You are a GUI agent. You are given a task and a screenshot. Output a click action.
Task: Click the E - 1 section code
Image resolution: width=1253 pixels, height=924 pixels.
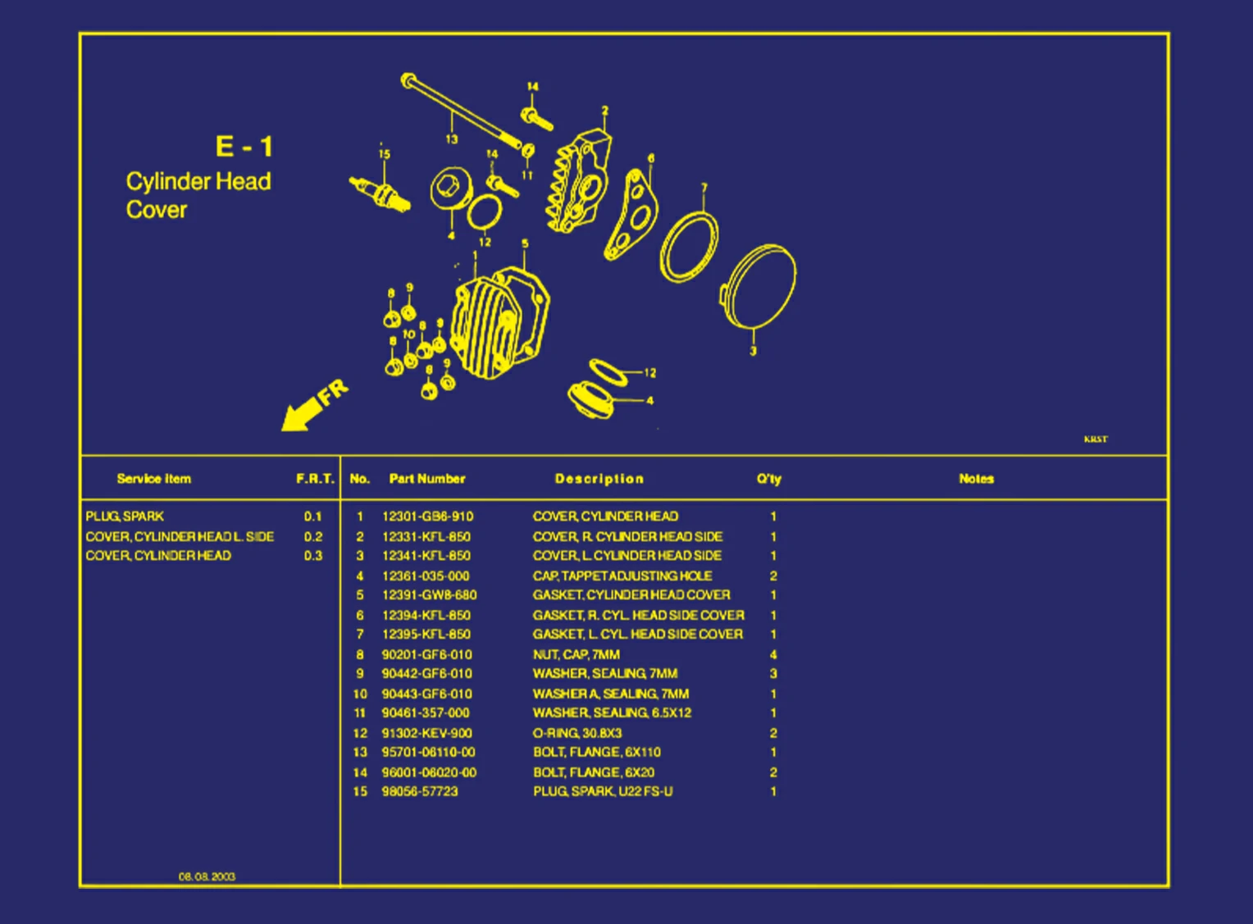[244, 147]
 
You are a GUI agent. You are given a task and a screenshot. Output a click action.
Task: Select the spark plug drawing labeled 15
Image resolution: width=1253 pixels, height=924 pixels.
[379, 193]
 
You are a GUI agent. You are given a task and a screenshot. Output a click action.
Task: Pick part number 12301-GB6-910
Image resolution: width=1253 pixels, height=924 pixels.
[427, 517]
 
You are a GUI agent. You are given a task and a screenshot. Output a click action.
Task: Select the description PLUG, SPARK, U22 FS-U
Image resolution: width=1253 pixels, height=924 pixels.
[603, 791]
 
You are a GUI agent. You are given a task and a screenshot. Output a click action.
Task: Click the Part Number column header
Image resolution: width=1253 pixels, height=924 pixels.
[426, 479]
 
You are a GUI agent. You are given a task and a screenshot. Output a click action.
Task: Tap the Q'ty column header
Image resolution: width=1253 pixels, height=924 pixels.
[768, 479]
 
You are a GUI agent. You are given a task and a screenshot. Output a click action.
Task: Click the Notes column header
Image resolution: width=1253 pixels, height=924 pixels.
[976, 479]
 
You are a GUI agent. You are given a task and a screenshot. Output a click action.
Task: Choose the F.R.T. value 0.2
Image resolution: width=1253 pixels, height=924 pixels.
[313, 536]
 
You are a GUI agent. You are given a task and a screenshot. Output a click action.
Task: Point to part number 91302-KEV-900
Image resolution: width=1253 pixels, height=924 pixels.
[426, 733]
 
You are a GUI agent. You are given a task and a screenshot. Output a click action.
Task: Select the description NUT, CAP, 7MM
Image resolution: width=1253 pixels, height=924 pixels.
[576, 654]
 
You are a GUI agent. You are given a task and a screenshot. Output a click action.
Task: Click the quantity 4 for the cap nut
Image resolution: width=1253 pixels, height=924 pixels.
[773, 654]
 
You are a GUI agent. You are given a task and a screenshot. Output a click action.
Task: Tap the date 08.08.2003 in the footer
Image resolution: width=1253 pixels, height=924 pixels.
[207, 876]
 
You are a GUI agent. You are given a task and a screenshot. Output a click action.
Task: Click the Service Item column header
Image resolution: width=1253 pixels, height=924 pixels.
[153, 479]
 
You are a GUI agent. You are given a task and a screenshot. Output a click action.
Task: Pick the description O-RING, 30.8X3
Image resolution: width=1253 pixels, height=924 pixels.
[577, 733]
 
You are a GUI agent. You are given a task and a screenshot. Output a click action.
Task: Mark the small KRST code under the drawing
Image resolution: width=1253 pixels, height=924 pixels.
[1096, 439]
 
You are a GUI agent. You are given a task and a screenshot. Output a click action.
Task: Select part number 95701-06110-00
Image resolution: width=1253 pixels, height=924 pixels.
[428, 752]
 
